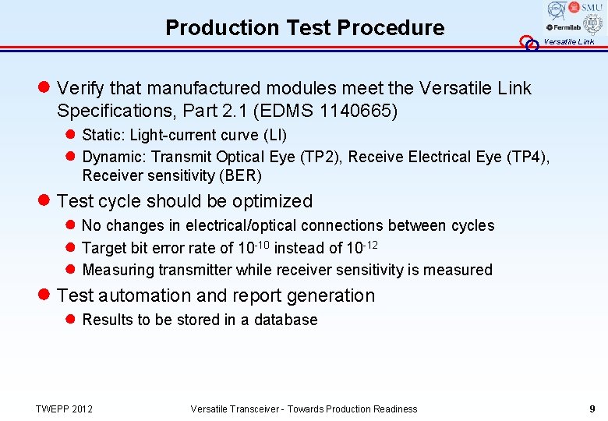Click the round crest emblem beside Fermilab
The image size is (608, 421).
click(593, 24)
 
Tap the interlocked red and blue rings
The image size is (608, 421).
click(529, 44)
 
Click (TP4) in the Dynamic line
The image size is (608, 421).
click(528, 157)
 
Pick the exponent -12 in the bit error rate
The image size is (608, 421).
click(373, 245)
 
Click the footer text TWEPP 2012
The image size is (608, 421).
click(64, 409)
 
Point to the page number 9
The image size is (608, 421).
click(592, 409)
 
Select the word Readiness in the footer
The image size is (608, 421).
click(396, 409)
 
